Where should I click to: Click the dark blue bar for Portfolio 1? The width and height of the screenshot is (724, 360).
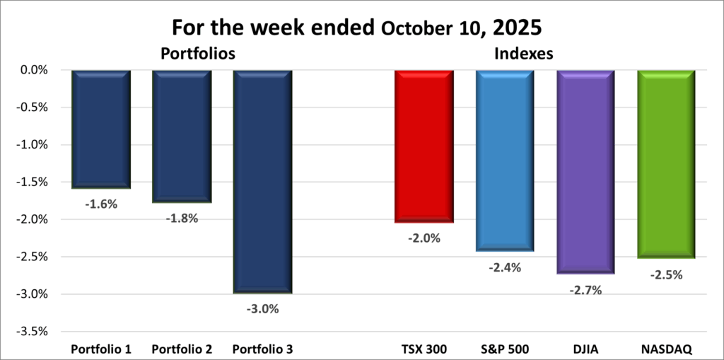pos(101,129)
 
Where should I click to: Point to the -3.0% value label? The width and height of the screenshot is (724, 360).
pos(262,308)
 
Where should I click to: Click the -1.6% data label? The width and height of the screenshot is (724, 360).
pos(101,204)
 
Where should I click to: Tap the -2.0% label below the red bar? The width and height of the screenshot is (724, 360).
pos(424,238)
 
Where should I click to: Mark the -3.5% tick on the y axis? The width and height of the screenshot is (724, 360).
pos(31,331)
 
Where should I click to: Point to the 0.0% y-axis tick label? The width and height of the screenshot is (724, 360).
pos(33,70)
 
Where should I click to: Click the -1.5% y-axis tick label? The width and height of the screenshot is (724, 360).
pos(31,182)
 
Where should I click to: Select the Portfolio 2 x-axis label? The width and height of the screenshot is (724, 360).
pos(182,349)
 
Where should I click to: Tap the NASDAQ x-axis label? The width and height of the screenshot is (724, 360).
pos(666,349)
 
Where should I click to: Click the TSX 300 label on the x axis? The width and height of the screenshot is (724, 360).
pos(424,349)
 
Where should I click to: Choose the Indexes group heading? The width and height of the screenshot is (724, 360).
pos(524,54)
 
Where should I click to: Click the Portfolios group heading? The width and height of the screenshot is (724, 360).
pos(197,54)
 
